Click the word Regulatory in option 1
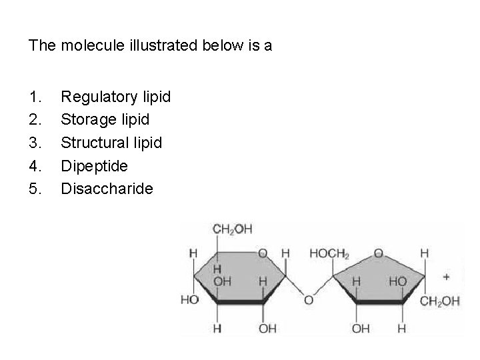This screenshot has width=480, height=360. tap(99, 97)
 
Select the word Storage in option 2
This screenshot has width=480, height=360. tap(87, 120)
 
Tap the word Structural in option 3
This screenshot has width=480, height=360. tap(93, 143)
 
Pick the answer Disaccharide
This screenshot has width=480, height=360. tap(107, 189)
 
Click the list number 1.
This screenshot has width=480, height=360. tap(35, 97)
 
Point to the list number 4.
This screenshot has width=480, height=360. tap(35, 165)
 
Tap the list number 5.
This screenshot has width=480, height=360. tap(35, 189)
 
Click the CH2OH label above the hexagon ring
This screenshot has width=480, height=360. tap(232, 229)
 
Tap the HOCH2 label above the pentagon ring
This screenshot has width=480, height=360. tap(329, 253)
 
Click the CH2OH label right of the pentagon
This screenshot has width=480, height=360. tap(439, 301)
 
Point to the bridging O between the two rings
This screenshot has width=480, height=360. tap(308, 300)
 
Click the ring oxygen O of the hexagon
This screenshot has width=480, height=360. tap(263, 253)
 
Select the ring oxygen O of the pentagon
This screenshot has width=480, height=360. tap(378, 253)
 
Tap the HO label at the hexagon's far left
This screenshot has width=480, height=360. tap(189, 300)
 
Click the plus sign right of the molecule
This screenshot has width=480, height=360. tap(446, 275)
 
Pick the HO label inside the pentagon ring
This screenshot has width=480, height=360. tap(397, 282)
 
